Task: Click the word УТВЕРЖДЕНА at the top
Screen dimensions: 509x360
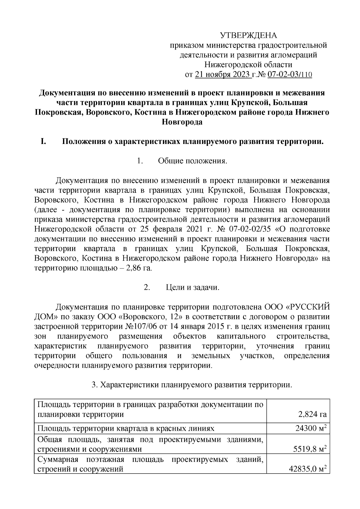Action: pyautogui.click(x=249, y=36)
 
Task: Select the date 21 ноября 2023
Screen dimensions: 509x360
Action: pyautogui.click(x=223, y=74)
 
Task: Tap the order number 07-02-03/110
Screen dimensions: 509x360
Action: pyautogui.click(x=289, y=74)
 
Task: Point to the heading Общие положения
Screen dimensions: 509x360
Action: pyautogui.click(x=193, y=161)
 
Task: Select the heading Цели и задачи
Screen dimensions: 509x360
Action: pyautogui.click(x=193, y=287)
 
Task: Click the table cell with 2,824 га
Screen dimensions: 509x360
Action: pyautogui.click(x=312, y=415)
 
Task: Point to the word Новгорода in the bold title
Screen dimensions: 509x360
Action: pyautogui.click(x=182, y=122)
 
